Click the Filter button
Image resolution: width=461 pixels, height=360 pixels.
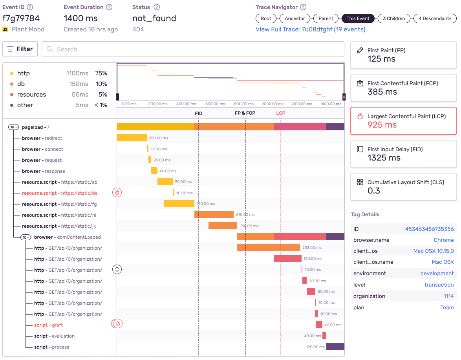click(x=20, y=49)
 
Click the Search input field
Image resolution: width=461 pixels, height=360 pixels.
click(x=192, y=49)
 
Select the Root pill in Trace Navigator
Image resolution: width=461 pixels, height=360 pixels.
click(x=266, y=18)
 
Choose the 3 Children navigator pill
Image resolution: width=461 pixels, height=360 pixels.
click(x=394, y=18)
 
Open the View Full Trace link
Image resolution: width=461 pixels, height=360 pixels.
click(x=310, y=29)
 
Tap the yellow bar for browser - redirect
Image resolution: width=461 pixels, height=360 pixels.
click(x=132, y=138)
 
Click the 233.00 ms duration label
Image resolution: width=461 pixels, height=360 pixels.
click(x=312, y=248)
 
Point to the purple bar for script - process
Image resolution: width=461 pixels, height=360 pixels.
click(x=335, y=347)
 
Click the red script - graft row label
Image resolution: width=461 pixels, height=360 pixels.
click(x=48, y=325)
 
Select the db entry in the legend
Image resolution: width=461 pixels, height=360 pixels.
click(x=21, y=84)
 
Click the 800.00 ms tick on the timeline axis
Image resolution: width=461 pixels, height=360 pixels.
click(x=244, y=104)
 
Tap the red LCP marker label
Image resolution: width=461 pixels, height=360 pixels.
click(x=281, y=113)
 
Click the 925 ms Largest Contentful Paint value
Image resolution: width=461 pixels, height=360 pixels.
click(x=382, y=125)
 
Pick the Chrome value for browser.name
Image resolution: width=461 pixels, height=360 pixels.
click(x=443, y=240)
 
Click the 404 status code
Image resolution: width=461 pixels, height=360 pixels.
click(x=138, y=29)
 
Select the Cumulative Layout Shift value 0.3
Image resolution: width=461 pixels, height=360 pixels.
click(x=373, y=191)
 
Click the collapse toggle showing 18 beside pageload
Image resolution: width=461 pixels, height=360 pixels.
click(x=14, y=127)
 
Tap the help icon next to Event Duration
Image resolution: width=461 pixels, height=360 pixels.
click(x=109, y=7)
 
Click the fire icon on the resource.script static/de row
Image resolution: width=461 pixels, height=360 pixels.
click(x=117, y=192)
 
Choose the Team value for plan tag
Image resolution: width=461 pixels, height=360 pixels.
click(x=447, y=307)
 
